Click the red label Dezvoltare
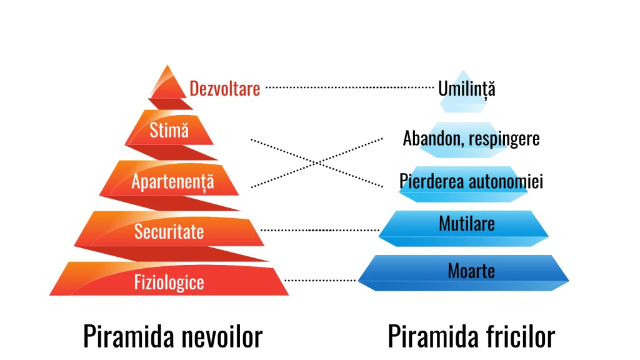coord(225,89)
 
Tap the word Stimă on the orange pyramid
coord(169,130)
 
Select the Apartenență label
coord(172,182)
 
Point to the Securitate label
coord(169,231)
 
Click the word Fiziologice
coord(169,282)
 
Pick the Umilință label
coord(466,89)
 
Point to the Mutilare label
coord(466,224)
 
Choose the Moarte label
coord(471,271)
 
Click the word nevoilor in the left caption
coord(222,336)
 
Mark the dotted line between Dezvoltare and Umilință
coord(349,87)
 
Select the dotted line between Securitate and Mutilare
coord(319,230)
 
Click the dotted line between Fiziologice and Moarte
coord(320,281)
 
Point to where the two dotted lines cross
coord(317,163)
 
